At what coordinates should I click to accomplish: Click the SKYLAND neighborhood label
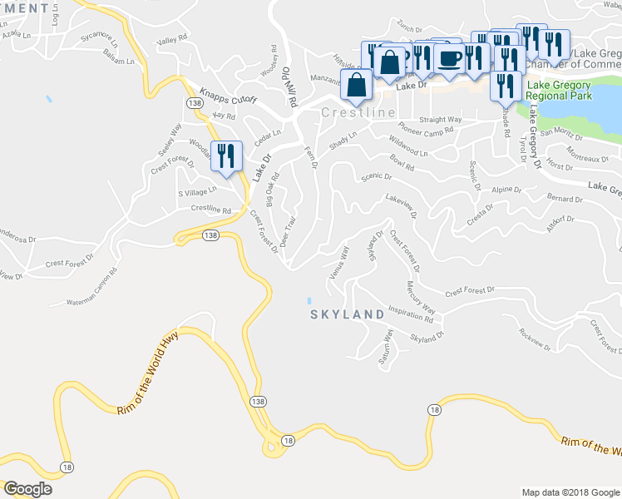(x=348, y=314)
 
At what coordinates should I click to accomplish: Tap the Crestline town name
(x=358, y=112)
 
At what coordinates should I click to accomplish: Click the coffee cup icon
(x=450, y=58)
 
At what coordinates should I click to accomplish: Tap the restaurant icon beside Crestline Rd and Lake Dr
(x=226, y=156)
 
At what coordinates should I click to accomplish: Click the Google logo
(x=28, y=488)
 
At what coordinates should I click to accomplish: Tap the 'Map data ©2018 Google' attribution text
(x=570, y=492)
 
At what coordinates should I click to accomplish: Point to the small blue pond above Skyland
(x=309, y=299)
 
